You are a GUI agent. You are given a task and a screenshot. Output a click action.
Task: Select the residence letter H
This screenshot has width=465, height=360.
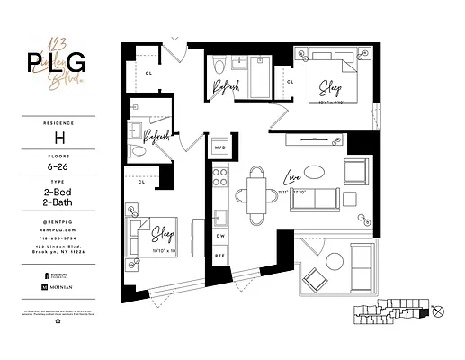pyautogui.click(x=60, y=139)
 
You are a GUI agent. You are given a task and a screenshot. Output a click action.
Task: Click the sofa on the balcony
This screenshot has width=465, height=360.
pyautogui.click(x=362, y=259)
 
